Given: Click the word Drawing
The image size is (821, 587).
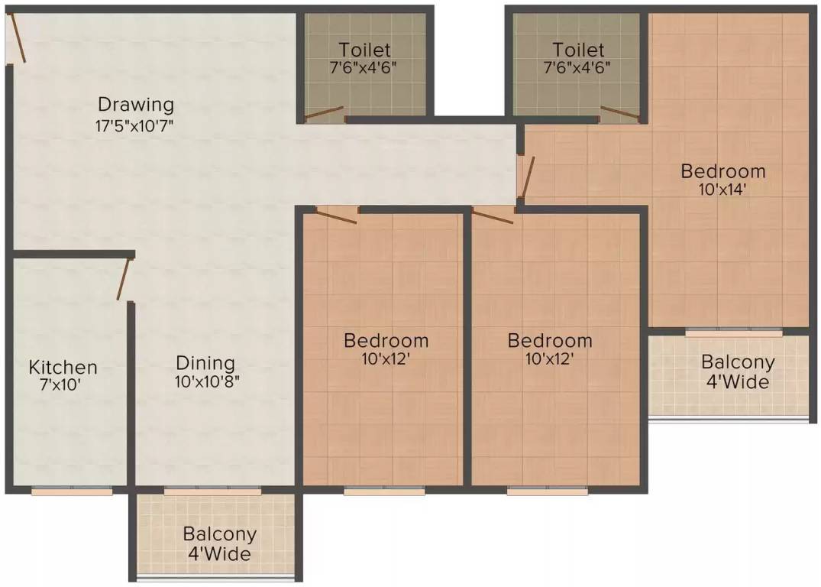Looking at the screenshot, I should [136, 104].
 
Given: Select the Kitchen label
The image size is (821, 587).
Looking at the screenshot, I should [63, 367].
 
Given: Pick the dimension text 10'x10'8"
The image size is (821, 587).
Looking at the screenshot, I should [208, 383].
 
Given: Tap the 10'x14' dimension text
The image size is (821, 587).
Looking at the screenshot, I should [722, 190].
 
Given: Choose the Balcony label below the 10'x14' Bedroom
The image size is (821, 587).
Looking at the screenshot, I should [738, 362].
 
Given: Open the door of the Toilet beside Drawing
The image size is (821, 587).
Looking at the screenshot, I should [324, 115].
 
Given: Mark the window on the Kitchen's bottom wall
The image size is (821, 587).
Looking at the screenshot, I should [72, 491].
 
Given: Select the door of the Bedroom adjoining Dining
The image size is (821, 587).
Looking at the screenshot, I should [336, 215].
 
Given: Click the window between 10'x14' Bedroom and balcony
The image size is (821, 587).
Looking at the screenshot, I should [733, 332].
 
